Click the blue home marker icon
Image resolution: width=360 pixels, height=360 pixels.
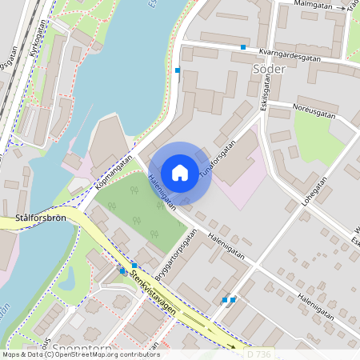pos(180,173)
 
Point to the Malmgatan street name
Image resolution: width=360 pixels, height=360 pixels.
pos(313,5)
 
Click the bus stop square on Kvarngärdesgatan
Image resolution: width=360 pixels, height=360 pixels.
pos(243,47)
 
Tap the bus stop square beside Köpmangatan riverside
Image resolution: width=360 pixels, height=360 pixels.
pos(178,70)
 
